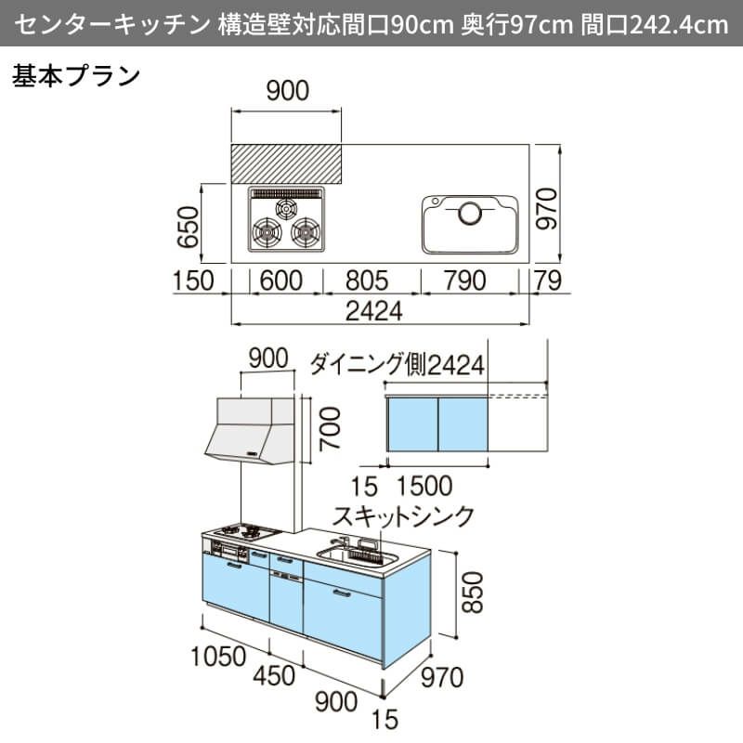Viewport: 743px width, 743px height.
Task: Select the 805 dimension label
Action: click(x=371, y=280)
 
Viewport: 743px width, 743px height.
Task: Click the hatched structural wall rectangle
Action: click(x=287, y=163)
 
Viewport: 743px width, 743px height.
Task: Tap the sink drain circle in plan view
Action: click(x=470, y=214)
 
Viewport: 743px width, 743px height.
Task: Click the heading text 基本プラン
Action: click(x=75, y=76)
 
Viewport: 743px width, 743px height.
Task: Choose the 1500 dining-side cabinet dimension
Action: click(x=424, y=486)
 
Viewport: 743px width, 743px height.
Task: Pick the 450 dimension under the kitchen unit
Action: click(x=280, y=679)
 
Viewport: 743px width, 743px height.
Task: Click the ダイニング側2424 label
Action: click(x=398, y=364)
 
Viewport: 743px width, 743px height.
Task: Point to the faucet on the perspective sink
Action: click(x=345, y=542)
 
